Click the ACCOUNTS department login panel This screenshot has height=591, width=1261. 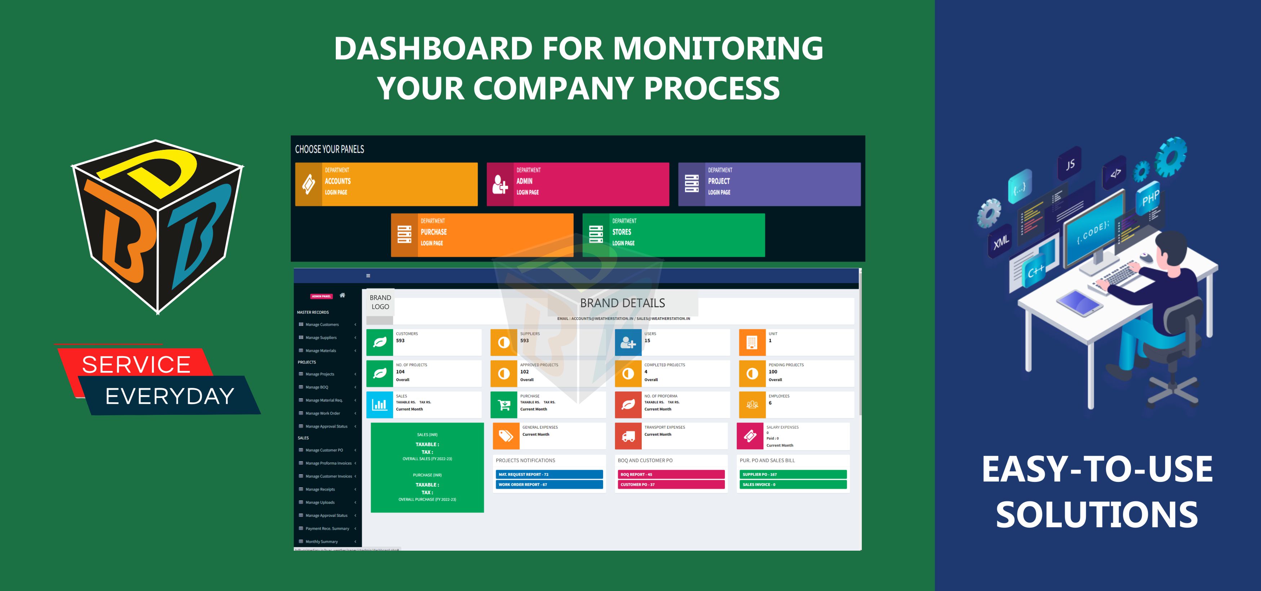click(386, 184)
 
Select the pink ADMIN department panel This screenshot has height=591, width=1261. click(577, 184)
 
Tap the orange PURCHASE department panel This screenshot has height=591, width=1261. click(482, 235)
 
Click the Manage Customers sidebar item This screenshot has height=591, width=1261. click(322, 324)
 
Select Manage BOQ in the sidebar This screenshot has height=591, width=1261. click(317, 387)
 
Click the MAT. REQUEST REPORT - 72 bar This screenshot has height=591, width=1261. click(549, 474)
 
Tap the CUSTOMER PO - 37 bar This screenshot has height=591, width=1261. click(670, 484)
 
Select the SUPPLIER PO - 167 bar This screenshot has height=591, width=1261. click(793, 474)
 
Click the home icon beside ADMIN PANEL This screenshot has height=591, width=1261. click(342, 295)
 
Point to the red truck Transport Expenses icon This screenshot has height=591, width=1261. click(628, 436)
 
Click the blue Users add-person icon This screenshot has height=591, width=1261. click(628, 342)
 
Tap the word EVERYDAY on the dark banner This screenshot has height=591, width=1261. click(170, 396)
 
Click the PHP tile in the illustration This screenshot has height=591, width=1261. click(1150, 198)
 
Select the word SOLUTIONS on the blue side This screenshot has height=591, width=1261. click(1096, 515)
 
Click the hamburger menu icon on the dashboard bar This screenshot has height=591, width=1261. click(368, 276)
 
